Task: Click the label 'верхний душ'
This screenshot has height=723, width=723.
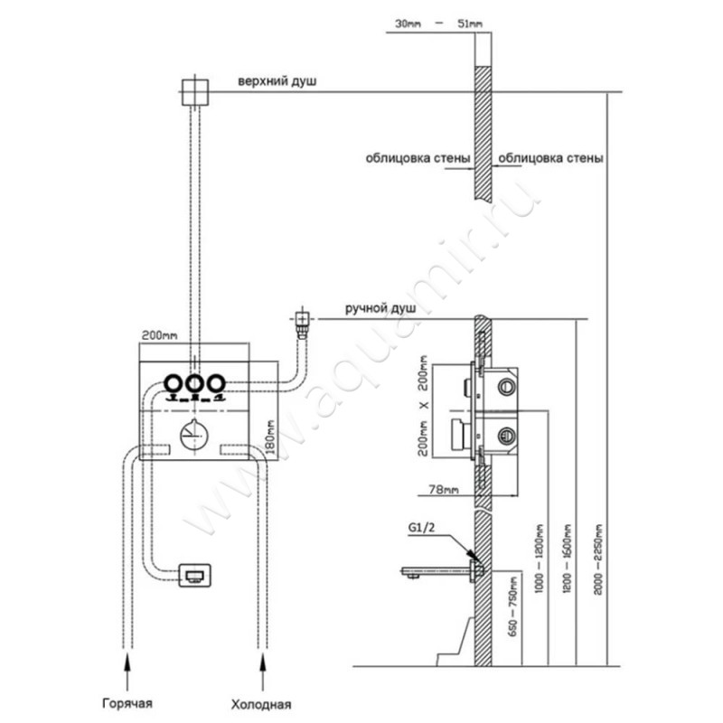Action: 277,81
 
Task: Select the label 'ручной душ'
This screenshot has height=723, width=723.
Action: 380,308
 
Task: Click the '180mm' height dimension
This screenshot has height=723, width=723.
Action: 269,439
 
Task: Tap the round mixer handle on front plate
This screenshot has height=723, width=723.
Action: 192,435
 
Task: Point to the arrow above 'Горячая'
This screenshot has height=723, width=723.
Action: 129,664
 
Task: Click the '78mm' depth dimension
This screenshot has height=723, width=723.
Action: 446,489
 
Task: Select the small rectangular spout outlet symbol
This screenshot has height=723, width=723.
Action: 196,574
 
